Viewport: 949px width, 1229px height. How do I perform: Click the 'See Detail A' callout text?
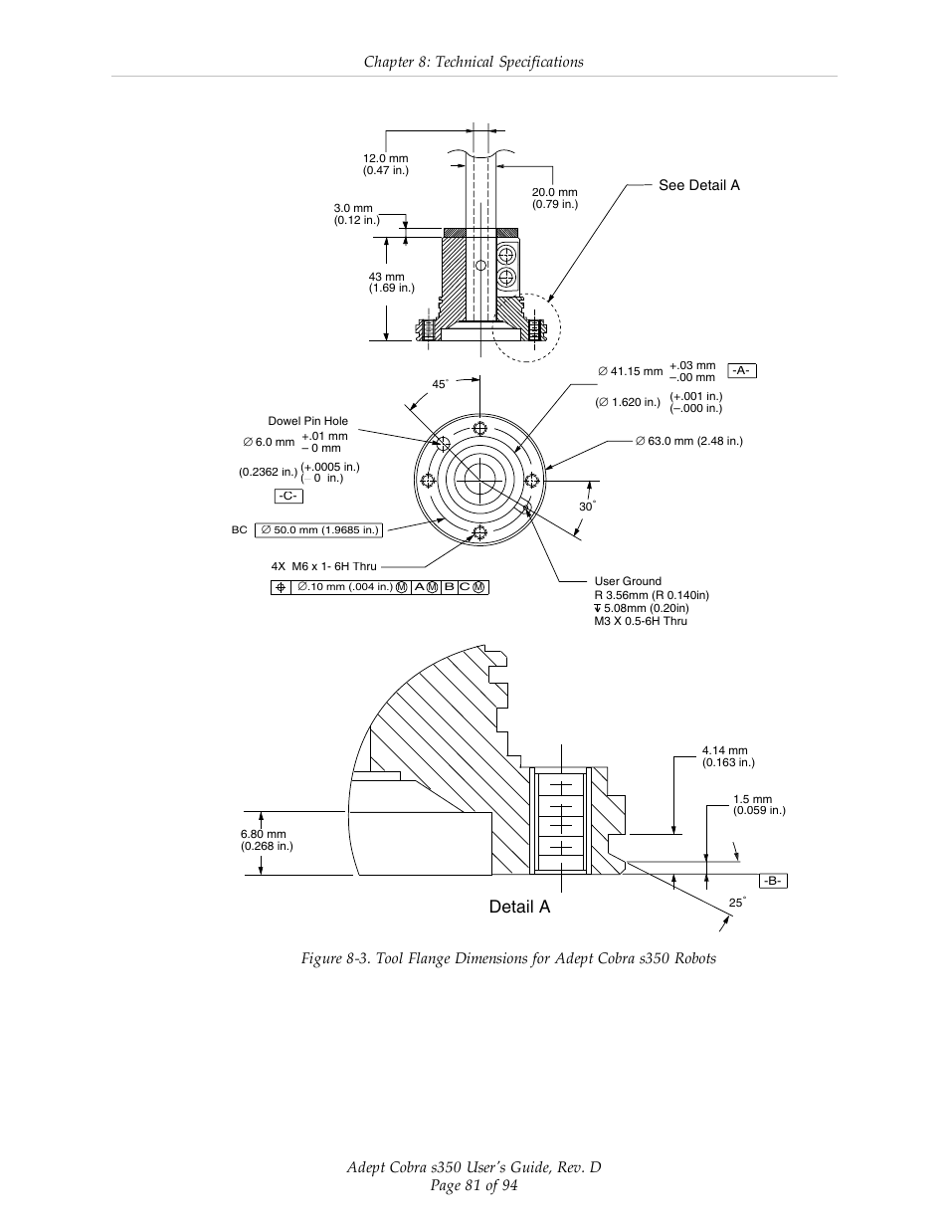coord(698,185)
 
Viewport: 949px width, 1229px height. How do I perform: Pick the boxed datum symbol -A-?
coord(741,370)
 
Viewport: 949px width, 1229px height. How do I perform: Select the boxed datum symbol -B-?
coord(773,881)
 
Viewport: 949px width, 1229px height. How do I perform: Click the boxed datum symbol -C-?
coord(288,496)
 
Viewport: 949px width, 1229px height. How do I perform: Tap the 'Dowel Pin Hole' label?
coord(307,421)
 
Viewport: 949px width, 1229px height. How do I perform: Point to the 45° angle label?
coord(440,385)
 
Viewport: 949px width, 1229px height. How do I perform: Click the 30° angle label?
coord(586,507)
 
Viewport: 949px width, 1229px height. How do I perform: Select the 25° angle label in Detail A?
coord(736,903)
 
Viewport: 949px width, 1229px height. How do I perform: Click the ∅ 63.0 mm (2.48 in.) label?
coord(688,441)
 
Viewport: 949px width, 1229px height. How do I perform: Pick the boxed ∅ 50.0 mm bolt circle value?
coord(319,530)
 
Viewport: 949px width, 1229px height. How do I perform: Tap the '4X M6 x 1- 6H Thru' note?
coord(323,566)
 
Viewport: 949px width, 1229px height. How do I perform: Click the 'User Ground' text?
coord(627,581)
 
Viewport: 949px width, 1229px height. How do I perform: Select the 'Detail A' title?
coord(518,907)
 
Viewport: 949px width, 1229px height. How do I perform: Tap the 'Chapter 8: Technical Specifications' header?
coord(474,62)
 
